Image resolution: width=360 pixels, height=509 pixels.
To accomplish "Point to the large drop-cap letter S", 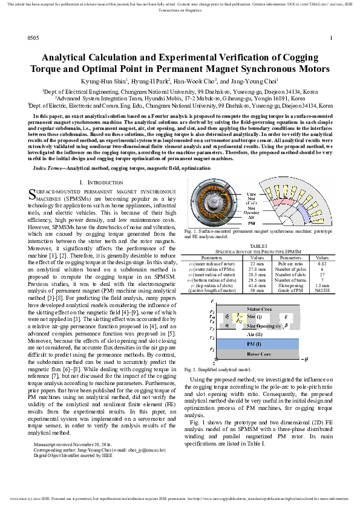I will click(x=33, y=193).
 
